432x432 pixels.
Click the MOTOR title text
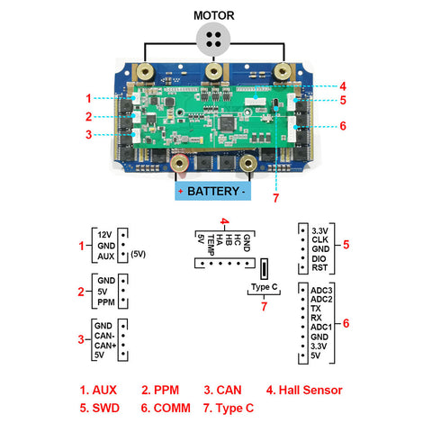[213, 15]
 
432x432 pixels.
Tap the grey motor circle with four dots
[213, 40]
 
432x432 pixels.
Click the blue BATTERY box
[213, 191]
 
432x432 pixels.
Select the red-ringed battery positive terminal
[179, 164]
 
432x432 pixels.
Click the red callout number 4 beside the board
[343, 86]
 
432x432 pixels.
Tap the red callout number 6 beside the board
[343, 126]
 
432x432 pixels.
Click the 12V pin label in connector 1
[104, 235]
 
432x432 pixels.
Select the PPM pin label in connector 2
[106, 302]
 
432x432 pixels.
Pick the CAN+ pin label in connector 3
[105, 346]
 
